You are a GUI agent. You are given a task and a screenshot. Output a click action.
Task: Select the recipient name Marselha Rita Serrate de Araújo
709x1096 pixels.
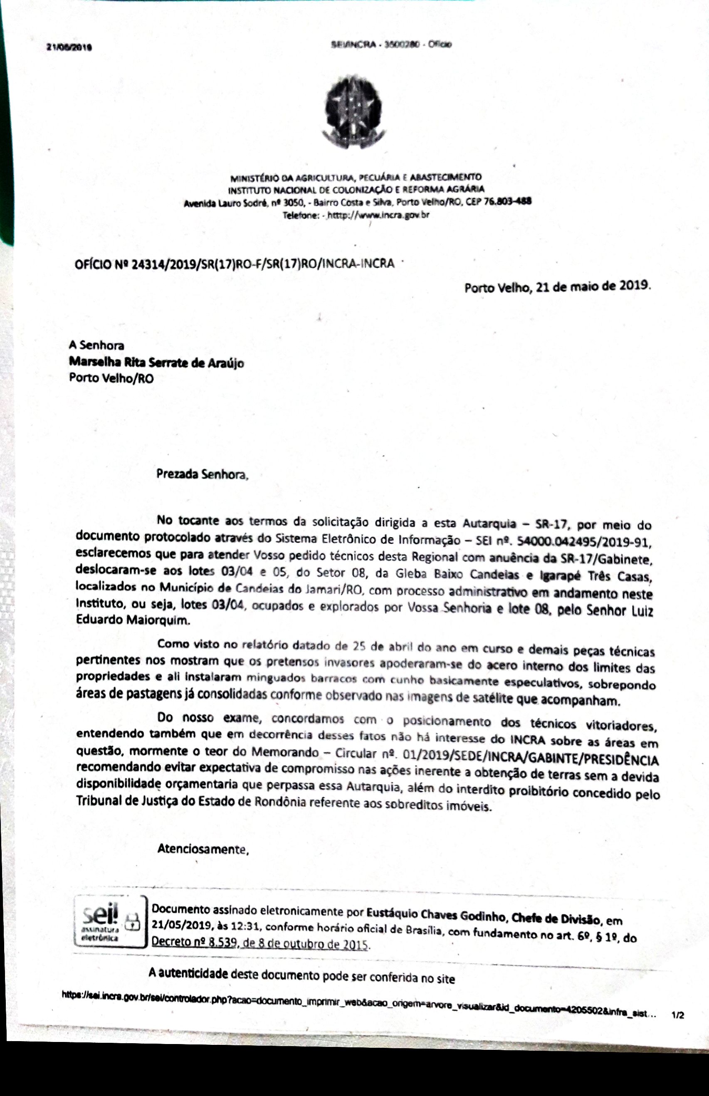156,362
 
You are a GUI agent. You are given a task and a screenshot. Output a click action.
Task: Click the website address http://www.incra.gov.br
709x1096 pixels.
378,215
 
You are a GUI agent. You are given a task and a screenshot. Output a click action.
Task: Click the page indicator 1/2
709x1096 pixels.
678,1015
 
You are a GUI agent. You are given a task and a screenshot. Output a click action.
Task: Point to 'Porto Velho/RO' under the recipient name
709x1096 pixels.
111,378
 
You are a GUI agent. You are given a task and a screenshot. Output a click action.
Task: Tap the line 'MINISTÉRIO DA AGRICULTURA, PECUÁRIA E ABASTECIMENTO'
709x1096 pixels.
356,177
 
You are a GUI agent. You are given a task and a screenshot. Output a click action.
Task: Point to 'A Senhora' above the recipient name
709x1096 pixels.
96,345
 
